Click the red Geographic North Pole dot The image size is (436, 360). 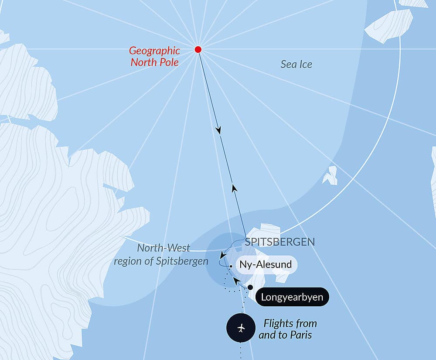(x=198, y=49)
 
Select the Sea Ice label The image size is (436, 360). (x=296, y=65)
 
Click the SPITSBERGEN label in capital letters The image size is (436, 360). (x=279, y=242)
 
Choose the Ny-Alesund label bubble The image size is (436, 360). (x=266, y=265)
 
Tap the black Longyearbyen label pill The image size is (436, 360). (x=292, y=297)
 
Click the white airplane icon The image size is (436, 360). (x=241, y=328)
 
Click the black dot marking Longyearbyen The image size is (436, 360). (x=250, y=287)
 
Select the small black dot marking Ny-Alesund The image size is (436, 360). (x=231, y=265)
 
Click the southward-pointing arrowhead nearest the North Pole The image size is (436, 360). (x=218, y=130)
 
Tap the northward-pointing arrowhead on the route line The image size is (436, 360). (x=234, y=189)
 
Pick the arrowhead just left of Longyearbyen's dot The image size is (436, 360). (x=236, y=280)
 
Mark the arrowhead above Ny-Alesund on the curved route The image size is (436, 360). (x=222, y=255)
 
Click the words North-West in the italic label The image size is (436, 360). (x=163, y=248)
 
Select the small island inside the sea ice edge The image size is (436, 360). (x=330, y=175)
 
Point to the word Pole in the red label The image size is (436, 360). (x=169, y=62)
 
